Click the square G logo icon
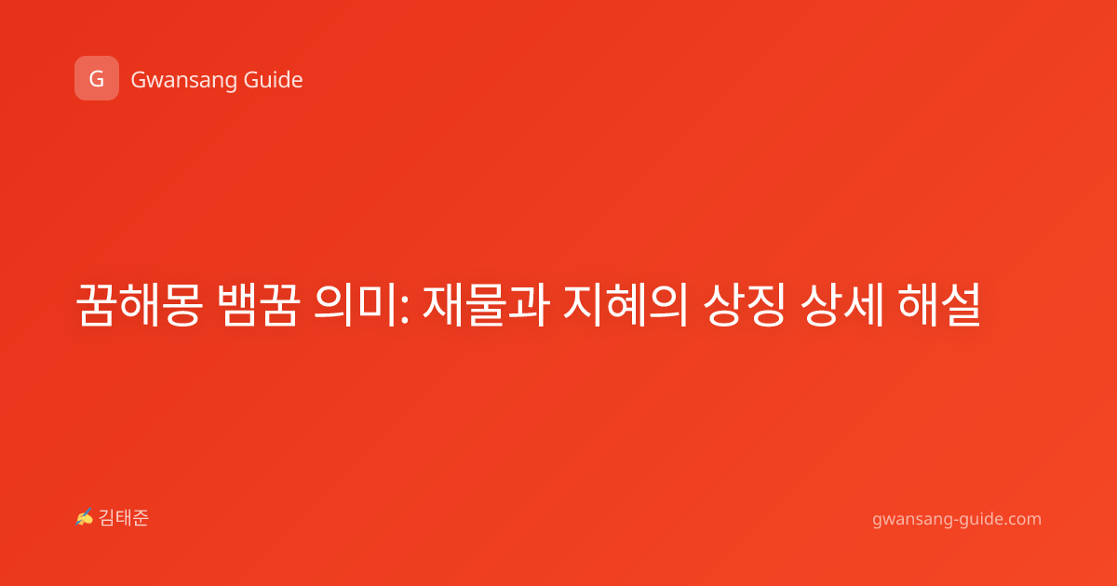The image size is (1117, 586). pos(97,78)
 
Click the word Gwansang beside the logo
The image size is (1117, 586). pos(183,81)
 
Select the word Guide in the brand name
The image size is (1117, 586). pos(274,79)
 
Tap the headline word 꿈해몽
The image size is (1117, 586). pos(140,304)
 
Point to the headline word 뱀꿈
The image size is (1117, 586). pos(259,304)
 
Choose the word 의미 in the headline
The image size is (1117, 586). pos(356,304)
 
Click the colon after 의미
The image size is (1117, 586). pos(404,309)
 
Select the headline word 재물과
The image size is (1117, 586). pos(486,304)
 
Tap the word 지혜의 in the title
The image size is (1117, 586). pos(626,304)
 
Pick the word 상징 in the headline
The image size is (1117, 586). pos(744,304)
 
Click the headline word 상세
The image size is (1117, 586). pos(841,304)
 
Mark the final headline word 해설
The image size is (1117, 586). pos(939,304)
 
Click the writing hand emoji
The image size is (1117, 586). pos(85,517)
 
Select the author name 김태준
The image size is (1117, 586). pos(124,518)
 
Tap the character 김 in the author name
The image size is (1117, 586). pos(107,518)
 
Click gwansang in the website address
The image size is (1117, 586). pos(911,520)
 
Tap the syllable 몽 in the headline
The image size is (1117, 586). pos(182,304)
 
